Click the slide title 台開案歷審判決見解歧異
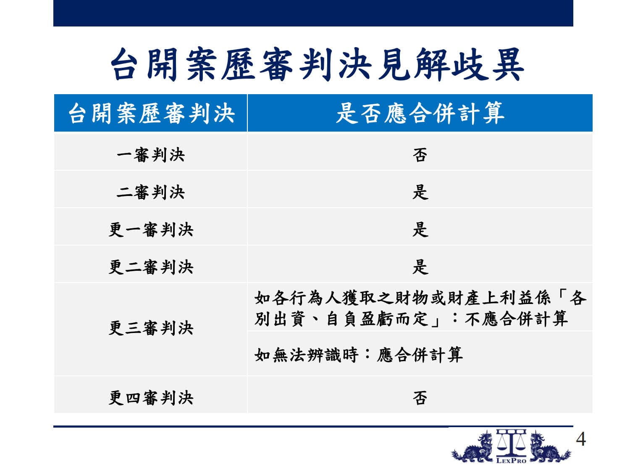pyautogui.click(x=317, y=64)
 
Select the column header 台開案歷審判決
pyautogui.click(x=152, y=113)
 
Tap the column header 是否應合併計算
pyautogui.click(x=420, y=113)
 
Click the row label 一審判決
pyautogui.click(x=151, y=155)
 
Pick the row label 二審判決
pyautogui.click(x=151, y=192)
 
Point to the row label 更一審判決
pyautogui.click(x=151, y=230)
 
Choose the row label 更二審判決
pyautogui.click(x=151, y=267)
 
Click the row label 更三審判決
pyautogui.click(x=151, y=328)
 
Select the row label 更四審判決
pyautogui.click(x=151, y=398)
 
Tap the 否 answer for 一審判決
pyautogui.click(x=420, y=155)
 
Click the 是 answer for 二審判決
pyautogui.click(x=420, y=192)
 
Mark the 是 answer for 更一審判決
pyautogui.click(x=420, y=230)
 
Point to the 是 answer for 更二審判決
pyautogui.click(x=420, y=267)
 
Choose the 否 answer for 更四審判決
pyautogui.click(x=420, y=398)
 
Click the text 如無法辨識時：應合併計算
pyautogui.click(x=359, y=355)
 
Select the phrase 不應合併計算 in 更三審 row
pyautogui.click(x=516, y=319)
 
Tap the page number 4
pyautogui.click(x=581, y=439)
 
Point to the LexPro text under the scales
pyautogui.click(x=511, y=461)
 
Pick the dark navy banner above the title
pyautogui.click(x=313, y=13)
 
